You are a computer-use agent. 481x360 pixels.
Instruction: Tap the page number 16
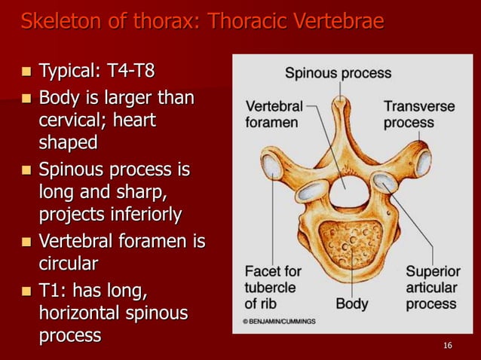pos(448,345)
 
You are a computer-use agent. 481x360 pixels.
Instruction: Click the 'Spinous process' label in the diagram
pos(338,73)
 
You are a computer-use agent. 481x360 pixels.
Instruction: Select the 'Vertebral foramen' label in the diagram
pos(272,114)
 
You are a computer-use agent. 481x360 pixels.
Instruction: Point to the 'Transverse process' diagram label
pos(418,114)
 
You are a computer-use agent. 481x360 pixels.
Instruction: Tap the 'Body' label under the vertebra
pos(351,304)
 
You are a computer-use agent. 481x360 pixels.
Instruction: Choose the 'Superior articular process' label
pos(431,288)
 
